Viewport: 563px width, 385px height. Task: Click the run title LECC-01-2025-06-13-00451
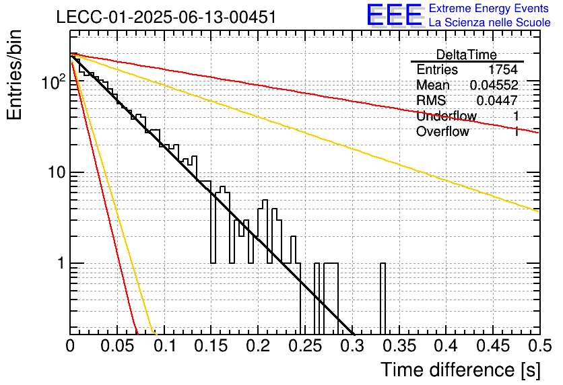(x=166, y=17)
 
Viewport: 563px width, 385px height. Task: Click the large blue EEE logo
(x=395, y=15)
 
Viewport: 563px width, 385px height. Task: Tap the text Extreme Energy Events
(x=489, y=8)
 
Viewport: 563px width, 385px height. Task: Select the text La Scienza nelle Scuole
(x=490, y=22)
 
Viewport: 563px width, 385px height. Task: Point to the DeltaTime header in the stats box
(x=467, y=55)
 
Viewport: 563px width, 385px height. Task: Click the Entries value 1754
(x=502, y=69)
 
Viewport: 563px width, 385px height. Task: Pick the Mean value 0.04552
(x=494, y=85)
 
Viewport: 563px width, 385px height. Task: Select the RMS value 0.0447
(x=497, y=100)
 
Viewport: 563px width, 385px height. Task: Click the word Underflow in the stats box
(x=446, y=116)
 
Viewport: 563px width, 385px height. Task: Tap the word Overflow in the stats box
(x=442, y=131)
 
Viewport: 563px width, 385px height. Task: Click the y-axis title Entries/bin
(x=15, y=75)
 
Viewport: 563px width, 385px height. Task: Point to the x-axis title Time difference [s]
(x=461, y=370)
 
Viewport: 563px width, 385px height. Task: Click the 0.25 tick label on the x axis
(x=305, y=346)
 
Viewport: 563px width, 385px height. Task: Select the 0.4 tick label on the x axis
(x=446, y=346)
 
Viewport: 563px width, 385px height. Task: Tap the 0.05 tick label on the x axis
(x=117, y=346)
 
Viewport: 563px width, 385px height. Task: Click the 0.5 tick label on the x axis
(x=539, y=346)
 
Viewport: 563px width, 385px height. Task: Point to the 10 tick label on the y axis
(x=57, y=172)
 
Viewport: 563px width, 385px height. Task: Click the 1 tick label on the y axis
(x=61, y=263)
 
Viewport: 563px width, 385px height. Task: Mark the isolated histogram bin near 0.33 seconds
(x=383, y=299)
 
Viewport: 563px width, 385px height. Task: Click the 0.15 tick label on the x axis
(x=211, y=346)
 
